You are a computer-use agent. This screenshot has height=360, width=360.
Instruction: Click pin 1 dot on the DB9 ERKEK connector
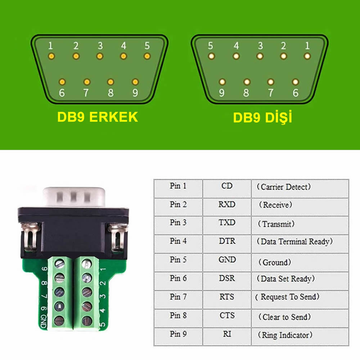pos(51,57)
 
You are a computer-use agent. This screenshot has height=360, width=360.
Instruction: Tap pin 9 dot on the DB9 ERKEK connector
pos(135,82)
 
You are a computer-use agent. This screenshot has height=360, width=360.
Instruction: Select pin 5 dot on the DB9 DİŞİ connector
pos(211,56)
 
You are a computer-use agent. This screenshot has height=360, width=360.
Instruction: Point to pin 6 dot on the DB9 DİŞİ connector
pos(296,82)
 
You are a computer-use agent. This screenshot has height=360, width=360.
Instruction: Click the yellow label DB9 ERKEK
pos(97,117)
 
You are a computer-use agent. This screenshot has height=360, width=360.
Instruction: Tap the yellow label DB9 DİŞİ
pos(262,118)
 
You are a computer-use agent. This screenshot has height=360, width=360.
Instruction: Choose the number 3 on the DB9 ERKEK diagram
pos(100,46)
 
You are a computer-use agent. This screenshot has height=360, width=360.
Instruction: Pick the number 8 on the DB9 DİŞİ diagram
pos(246,93)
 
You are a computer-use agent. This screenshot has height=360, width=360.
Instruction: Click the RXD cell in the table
pos(227,204)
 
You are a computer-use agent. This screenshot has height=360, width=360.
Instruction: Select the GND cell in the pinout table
pos(227,260)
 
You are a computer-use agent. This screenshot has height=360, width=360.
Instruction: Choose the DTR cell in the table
pos(227,241)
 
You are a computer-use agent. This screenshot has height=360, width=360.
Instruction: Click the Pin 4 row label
pos(178,241)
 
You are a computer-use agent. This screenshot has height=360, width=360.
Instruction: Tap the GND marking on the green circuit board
pos(44,321)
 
